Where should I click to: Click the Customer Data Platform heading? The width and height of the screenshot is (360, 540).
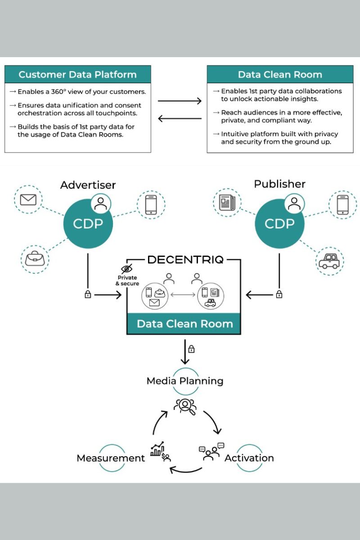[x=77, y=74]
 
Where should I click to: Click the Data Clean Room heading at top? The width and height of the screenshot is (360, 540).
[x=280, y=74]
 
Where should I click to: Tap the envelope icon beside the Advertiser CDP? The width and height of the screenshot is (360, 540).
[x=28, y=199]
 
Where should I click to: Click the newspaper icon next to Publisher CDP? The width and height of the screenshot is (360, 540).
[x=227, y=203]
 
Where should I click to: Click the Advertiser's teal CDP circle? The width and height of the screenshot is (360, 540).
[x=88, y=224]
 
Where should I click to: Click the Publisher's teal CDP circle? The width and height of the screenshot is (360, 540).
[x=280, y=224]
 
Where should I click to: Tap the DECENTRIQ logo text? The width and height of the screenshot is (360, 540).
[x=185, y=260]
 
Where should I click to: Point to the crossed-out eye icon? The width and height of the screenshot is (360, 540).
[x=127, y=269]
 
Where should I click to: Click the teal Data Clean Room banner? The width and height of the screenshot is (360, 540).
[x=184, y=324]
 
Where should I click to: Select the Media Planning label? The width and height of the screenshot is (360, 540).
[x=185, y=381]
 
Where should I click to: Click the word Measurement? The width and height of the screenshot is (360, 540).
[x=111, y=458]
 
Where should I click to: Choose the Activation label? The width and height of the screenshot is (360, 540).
[x=249, y=458]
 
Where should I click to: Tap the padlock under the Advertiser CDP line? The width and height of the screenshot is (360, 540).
[x=88, y=295]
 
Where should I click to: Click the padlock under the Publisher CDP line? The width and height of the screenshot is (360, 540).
[x=279, y=295]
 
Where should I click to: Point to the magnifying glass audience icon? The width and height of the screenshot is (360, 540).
[x=184, y=406]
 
